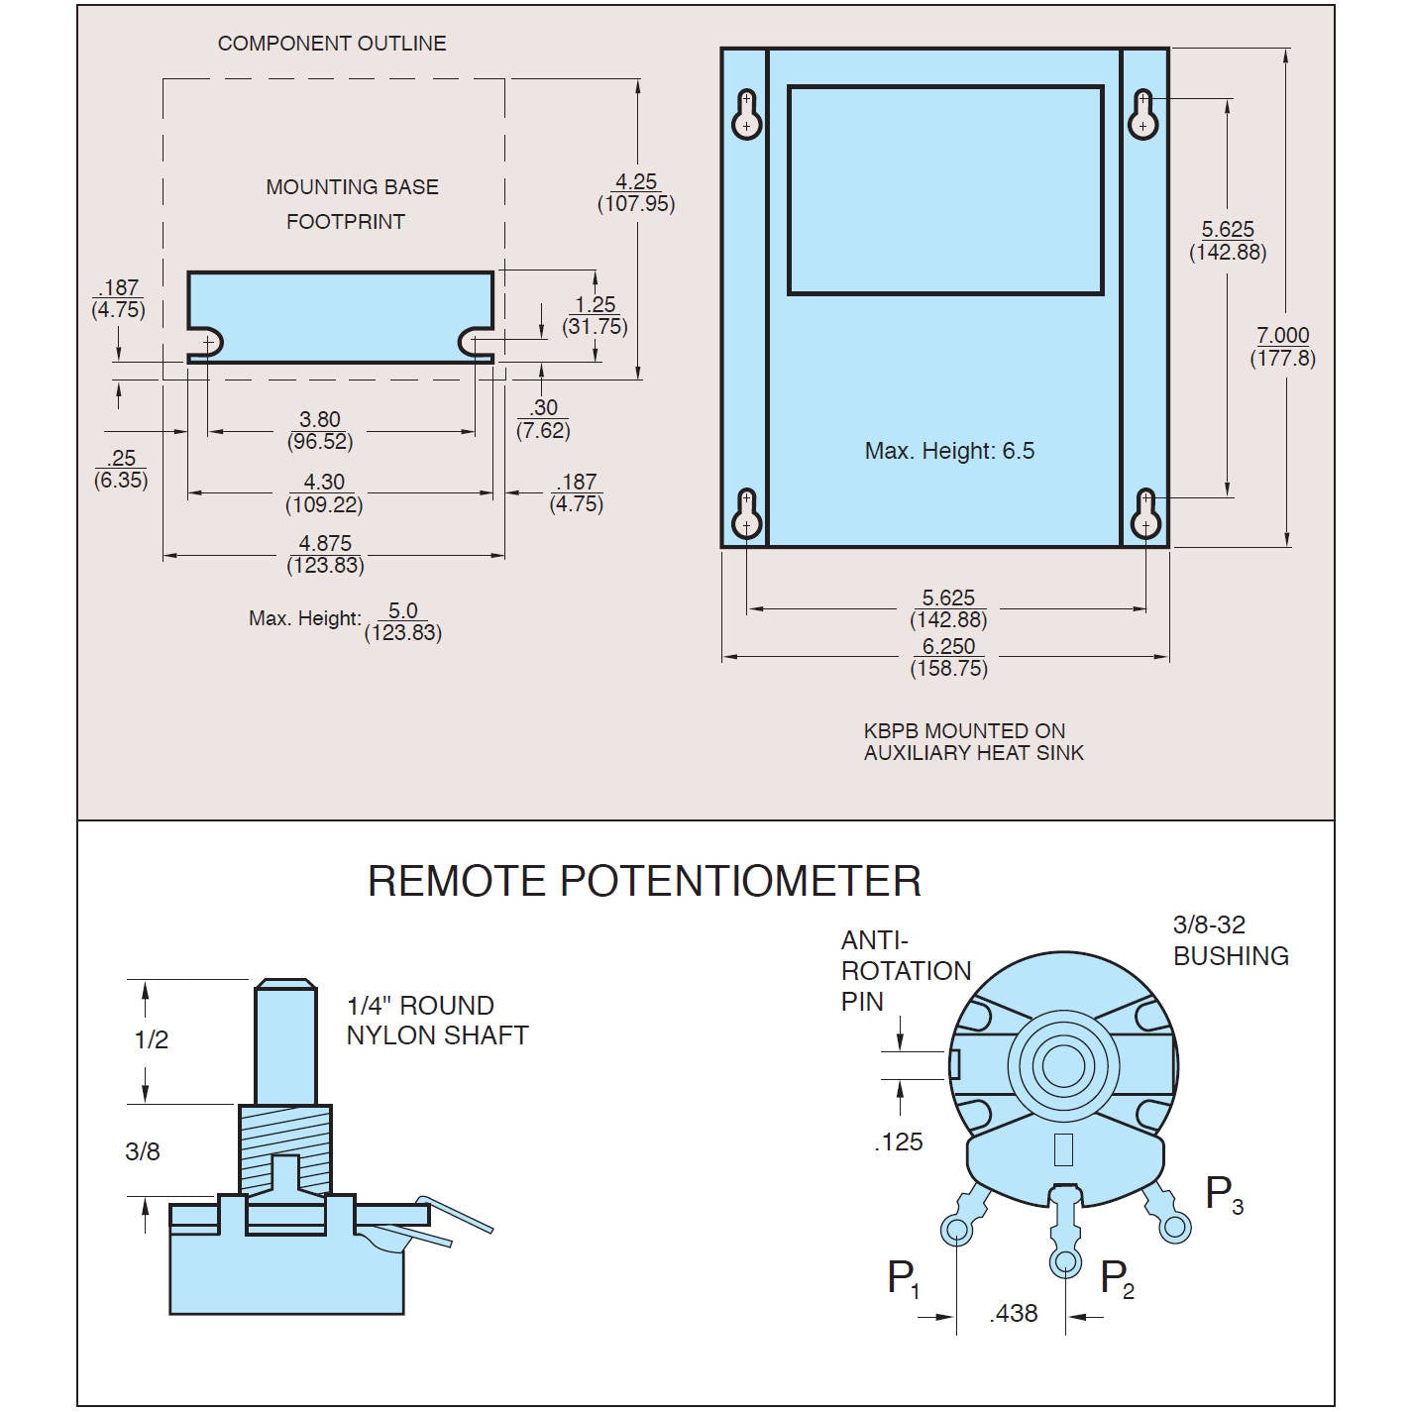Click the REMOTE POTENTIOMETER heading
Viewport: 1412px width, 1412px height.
644,881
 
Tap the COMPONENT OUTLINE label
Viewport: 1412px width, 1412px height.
332,44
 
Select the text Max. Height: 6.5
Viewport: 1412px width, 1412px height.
949,452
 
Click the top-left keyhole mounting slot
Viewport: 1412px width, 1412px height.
746,115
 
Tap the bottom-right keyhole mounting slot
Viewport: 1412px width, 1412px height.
1145,513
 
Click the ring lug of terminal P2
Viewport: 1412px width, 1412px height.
1065,1261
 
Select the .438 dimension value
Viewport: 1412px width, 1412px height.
1014,1314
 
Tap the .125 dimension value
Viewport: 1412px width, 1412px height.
898,1142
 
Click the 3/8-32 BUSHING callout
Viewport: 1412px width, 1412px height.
1230,940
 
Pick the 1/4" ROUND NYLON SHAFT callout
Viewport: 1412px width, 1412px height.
437,1021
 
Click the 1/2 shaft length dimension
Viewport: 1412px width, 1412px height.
152,1039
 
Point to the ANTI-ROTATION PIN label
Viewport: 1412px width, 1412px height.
905,970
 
